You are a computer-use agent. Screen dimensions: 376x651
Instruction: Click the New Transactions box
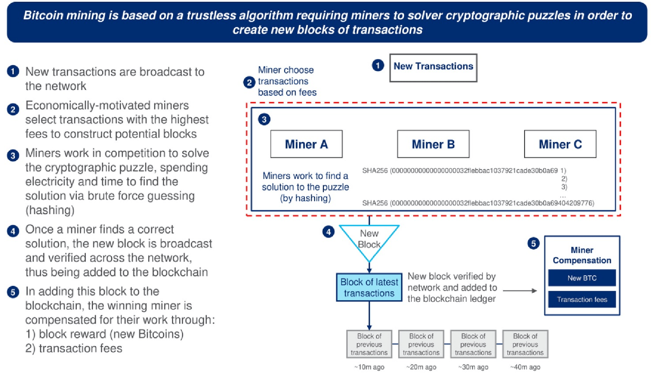(x=433, y=68)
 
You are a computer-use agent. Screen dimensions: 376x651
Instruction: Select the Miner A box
(x=306, y=144)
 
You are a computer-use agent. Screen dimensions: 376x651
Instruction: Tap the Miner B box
(x=433, y=144)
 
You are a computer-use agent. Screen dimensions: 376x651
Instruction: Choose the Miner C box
(x=560, y=144)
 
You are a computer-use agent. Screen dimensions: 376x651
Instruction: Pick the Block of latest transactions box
(x=369, y=287)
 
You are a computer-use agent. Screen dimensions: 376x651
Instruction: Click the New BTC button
(x=582, y=278)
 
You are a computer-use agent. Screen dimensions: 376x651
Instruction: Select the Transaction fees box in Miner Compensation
(x=582, y=299)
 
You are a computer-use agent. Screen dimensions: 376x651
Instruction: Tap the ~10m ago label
(x=369, y=367)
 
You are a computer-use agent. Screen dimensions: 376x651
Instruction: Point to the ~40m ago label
(x=525, y=367)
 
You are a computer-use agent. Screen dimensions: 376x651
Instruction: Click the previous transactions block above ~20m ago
(x=421, y=344)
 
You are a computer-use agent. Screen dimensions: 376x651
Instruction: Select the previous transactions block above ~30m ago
(x=473, y=344)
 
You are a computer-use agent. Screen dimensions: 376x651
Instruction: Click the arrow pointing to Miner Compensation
(x=520, y=291)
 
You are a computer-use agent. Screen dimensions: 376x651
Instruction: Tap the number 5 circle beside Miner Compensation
(x=533, y=243)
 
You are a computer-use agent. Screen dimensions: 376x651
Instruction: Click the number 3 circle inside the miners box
(x=264, y=119)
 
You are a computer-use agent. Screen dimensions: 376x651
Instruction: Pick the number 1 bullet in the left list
(x=13, y=72)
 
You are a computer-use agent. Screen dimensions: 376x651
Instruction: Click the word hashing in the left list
(x=50, y=210)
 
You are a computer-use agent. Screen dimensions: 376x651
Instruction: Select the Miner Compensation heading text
(x=582, y=255)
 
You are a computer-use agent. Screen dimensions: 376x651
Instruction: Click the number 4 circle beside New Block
(x=329, y=232)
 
